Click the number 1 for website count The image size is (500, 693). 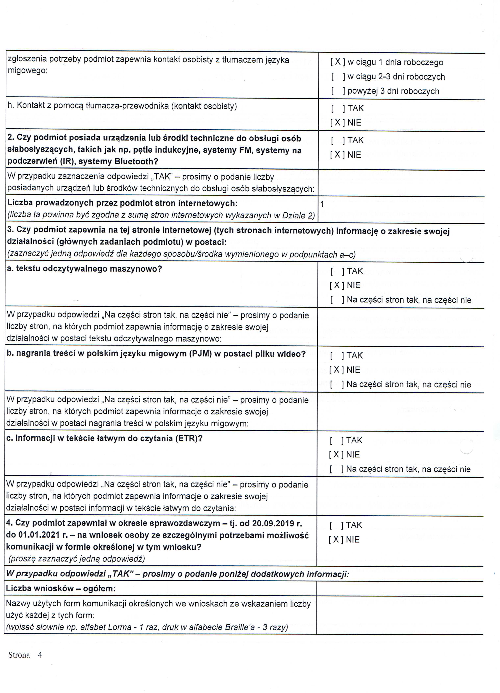322,204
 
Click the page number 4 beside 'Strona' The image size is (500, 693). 40,655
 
